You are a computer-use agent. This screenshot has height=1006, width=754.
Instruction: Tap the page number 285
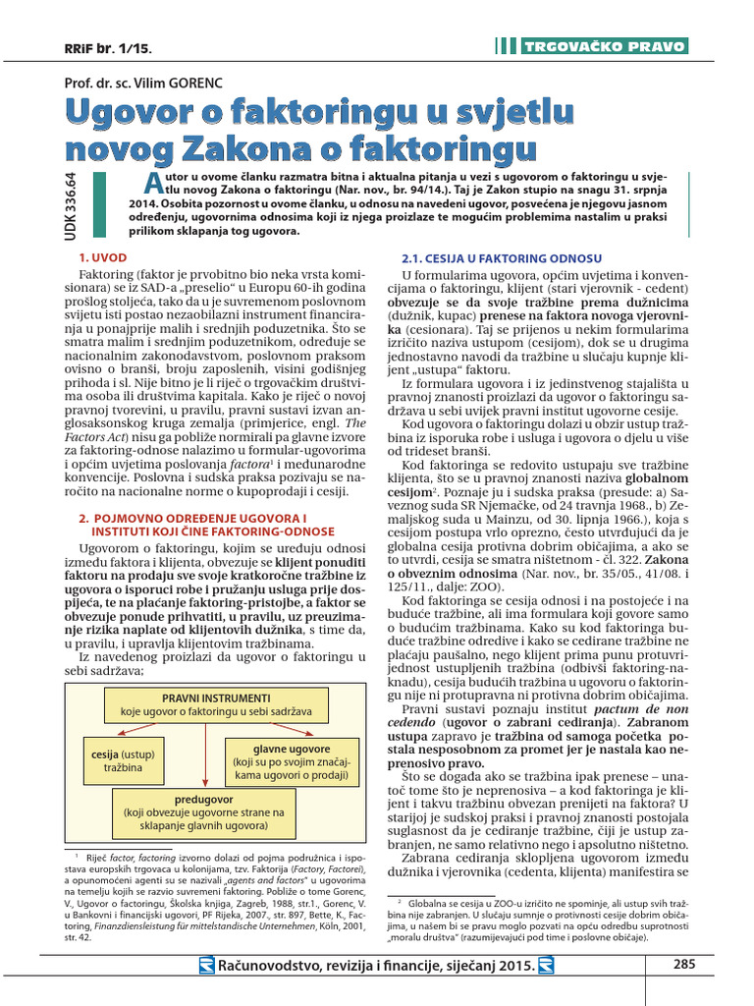(684, 964)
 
